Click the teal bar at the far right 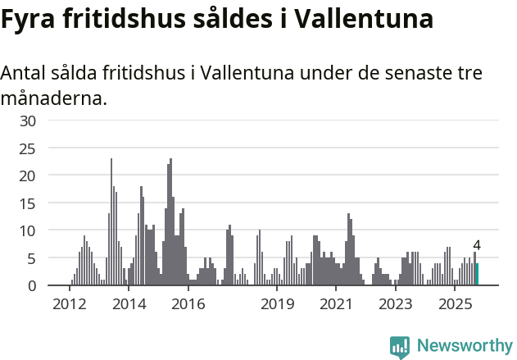[477, 274]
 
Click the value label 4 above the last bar [477, 245]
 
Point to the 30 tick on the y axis [28, 121]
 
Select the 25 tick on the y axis [28, 148]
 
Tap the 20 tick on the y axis [28, 176]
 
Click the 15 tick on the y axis [28, 203]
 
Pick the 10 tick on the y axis [28, 231]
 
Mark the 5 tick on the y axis [32, 258]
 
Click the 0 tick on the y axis [32, 286]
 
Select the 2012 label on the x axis [69, 305]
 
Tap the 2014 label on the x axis [129, 305]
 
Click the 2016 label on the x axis [188, 305]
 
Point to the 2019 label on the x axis [277, 305]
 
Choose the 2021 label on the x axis [336, 305]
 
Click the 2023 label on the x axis [396, 305]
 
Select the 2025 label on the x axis [456, 305]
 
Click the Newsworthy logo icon [400, 347]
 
